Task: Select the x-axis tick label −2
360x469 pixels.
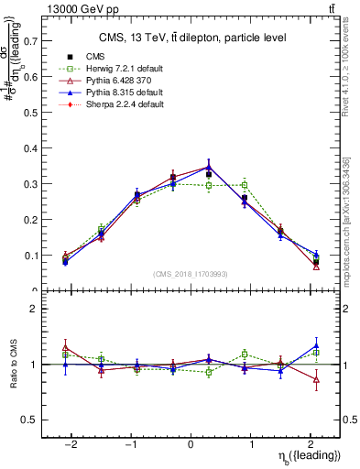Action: (71, 442)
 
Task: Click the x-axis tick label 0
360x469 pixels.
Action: (191, 442)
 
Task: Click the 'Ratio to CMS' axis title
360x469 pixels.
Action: (12, 376)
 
